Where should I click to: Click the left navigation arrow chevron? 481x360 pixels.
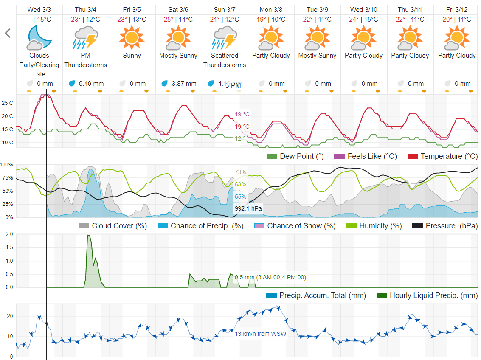point(7,34)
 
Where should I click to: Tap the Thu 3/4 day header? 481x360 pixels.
point(85,9)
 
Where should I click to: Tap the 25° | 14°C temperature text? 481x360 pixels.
point(178,20)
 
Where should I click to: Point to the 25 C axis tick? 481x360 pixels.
point(7,103)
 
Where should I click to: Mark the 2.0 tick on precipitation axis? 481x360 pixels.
point(8,234)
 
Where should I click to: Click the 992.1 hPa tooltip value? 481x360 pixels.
point(248,208)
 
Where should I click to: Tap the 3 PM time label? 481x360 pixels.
point(233,86)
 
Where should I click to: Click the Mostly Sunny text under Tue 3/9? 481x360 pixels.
point(317,56)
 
